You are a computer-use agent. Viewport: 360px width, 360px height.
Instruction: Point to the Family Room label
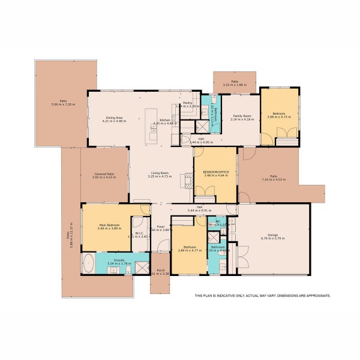click(242, 115)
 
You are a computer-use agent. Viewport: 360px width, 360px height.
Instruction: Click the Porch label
click(161, 270)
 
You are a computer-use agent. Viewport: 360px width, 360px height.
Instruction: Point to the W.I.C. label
click(138, 233)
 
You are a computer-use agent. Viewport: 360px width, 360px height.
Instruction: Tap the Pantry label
click(188, 103)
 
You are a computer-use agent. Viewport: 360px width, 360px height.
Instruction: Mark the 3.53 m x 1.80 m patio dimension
click(235, 85)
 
